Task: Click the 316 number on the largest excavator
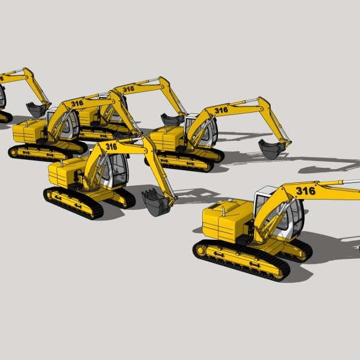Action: pos(305,191)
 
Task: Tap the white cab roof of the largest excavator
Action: pos(266,190)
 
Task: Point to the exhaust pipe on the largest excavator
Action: pos(223,211)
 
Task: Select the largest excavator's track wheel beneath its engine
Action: pos(201,250)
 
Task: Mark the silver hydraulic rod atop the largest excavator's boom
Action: pos(351,182)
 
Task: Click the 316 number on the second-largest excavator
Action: pos(112,147)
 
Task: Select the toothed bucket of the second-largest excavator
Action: pos(154,202)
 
